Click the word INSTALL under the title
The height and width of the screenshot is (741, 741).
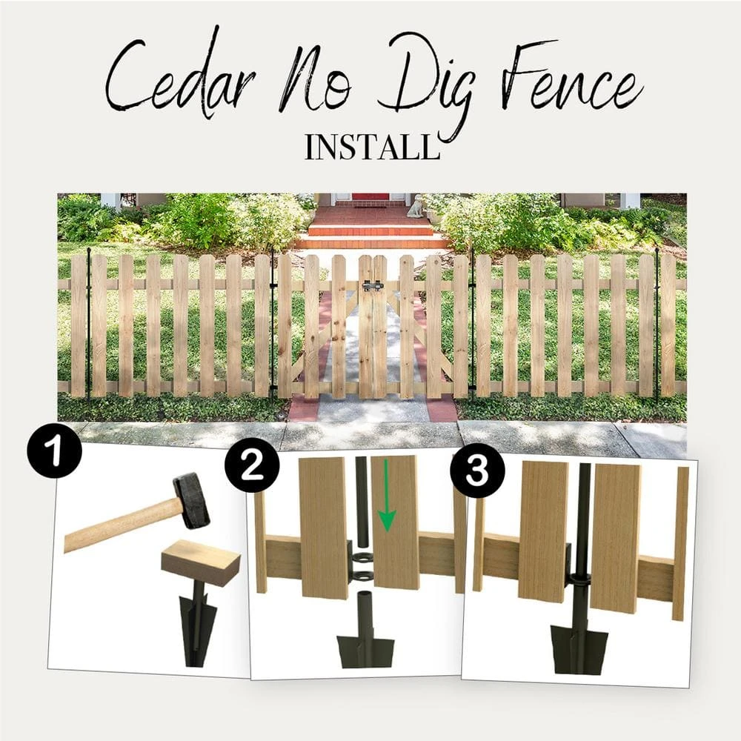point(372,147)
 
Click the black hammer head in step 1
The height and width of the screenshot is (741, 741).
point(190,500)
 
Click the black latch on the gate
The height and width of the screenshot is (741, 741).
point(372,286)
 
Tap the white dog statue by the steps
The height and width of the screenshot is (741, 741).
point(416,205)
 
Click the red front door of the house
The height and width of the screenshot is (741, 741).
point(370,196)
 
